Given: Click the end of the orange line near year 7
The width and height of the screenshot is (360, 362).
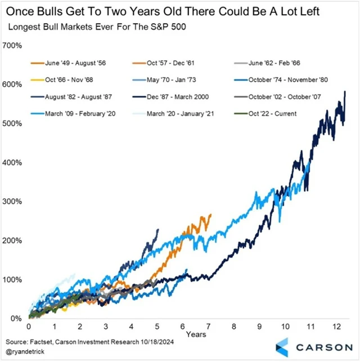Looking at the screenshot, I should tap(211, 214).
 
